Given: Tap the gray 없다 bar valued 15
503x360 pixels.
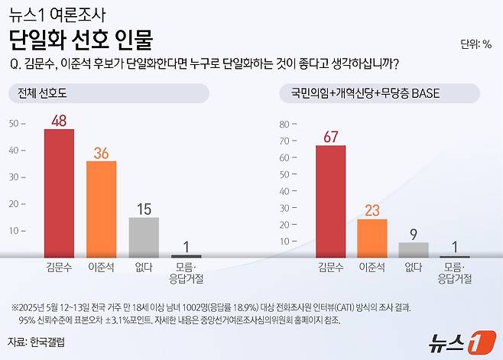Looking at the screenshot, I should (143, 237).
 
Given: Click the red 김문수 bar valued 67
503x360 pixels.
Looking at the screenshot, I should (330, 200).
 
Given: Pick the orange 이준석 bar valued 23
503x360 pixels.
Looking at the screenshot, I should (372, 238).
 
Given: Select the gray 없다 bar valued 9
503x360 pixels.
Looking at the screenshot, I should (414, 249).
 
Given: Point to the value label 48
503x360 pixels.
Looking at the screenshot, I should (59, 120).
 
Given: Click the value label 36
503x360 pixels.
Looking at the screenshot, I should (101, 153).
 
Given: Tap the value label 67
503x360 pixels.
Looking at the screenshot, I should (330, 137).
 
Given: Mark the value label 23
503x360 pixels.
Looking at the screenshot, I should (372, 210).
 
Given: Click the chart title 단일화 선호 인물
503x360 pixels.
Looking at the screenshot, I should (81, 39).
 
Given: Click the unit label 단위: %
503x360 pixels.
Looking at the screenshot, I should (476, 44).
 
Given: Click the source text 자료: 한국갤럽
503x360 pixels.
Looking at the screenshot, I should (37, 342).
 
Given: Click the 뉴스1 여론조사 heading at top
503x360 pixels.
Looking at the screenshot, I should (58, 13).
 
